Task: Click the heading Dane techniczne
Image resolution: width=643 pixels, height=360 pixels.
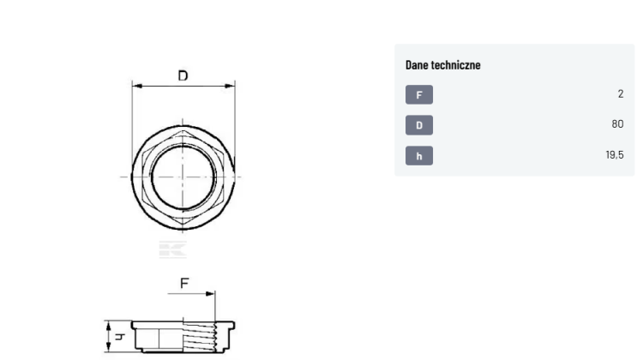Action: click(443, 65)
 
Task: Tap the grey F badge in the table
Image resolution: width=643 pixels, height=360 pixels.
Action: click(419, 95)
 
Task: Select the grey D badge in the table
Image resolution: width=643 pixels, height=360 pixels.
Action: click(419, 125)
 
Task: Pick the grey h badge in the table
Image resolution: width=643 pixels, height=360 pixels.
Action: click(419, 156)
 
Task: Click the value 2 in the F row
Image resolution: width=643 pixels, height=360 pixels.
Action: click(621, 94)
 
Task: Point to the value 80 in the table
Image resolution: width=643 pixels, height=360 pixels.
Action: click(617, 123)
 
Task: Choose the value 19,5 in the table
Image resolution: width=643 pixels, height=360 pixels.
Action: click(615, 154)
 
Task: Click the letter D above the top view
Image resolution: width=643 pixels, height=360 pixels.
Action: click(183, 75)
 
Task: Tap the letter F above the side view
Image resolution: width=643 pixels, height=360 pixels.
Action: click(184, 283)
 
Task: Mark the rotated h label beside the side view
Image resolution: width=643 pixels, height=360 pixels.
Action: click(119, 337)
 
